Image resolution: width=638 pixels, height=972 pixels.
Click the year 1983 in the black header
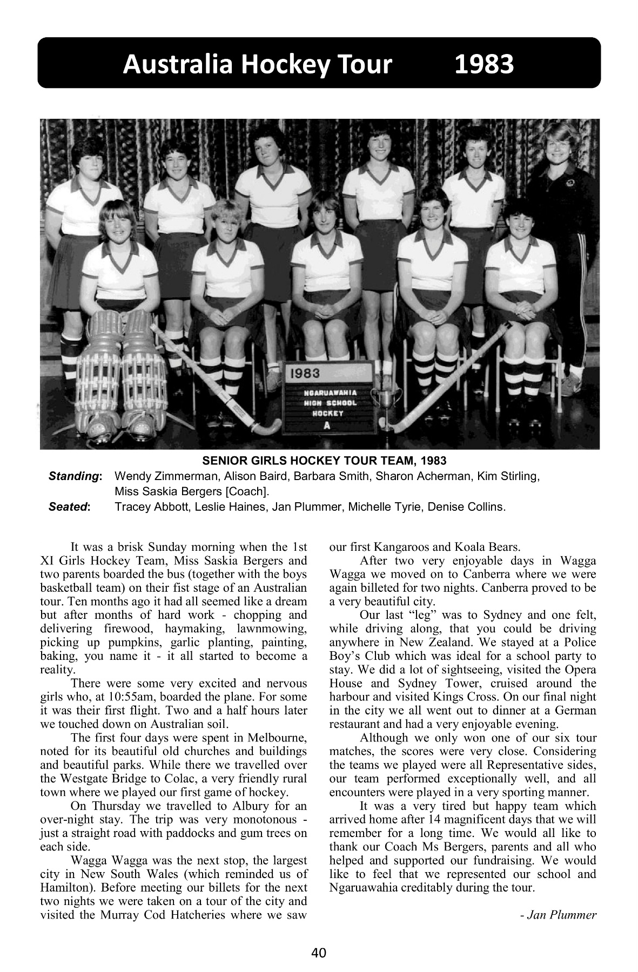click(x=483, y=64)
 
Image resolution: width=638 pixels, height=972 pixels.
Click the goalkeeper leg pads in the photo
click(x=122, y=373)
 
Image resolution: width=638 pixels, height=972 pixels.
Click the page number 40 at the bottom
click(x=319, y=953)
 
